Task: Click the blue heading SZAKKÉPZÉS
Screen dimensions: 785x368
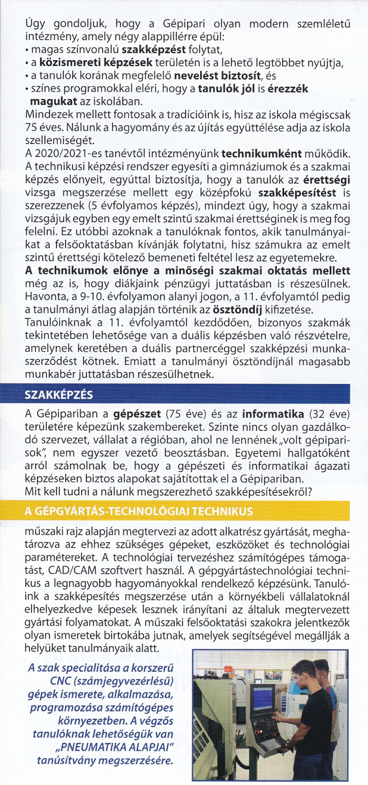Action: (x=59, y=395)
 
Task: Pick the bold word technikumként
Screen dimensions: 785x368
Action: (x=262, y=153)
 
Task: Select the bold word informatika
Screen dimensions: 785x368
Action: (x=273, y=414)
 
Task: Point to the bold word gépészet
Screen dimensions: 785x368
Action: (x=137, y=414)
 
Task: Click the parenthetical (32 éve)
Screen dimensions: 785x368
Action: (x=329, y=414)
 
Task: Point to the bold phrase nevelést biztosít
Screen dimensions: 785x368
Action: (x=217, y=76)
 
